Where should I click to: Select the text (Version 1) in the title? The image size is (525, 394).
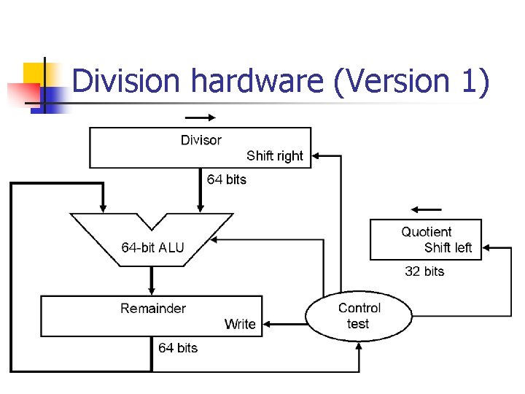point(411,81)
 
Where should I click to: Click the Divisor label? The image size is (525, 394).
point(201,139)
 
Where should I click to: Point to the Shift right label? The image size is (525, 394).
point(275,155)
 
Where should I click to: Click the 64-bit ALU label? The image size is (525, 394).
point(152,247)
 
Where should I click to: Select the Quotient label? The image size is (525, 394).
point(427,232)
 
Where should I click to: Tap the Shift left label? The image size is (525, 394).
point(448,247)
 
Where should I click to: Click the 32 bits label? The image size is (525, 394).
point(424,271)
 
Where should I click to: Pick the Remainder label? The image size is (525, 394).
point(153,308)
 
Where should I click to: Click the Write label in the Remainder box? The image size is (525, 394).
point(240,324)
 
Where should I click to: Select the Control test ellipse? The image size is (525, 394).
point(359,316)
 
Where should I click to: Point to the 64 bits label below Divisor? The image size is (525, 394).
point(227,179)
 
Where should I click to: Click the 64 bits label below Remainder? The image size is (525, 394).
point(178,347)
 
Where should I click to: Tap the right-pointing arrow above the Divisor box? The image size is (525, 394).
point(201,117)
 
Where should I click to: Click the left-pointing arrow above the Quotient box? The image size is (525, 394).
point(426,209)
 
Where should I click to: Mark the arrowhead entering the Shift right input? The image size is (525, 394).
point(316,155)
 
